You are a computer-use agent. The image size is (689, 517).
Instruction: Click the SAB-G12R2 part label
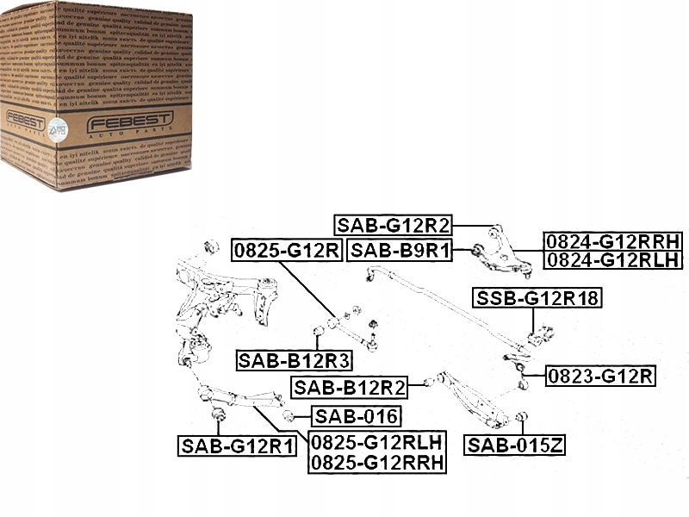(x=394, y=226)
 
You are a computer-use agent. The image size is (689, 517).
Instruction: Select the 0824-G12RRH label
(x=612, y=242)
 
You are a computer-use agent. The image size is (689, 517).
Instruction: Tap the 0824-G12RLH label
(x=612, y=259)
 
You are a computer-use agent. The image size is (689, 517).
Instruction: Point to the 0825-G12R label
(x=286, y=251)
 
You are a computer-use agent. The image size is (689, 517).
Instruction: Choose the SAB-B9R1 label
(x=402, y=251)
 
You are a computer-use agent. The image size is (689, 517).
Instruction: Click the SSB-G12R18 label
(x=537, y=299)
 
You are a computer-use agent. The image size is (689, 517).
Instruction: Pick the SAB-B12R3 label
(x=292, y=359)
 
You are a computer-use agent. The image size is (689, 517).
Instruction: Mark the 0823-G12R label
(x=601, y=376)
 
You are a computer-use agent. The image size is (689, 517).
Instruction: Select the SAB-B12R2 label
(x=349, y=387)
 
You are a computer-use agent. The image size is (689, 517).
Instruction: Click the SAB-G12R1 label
(x=237, y=445)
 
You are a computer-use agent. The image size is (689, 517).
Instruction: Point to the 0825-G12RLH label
(x=378, y=443)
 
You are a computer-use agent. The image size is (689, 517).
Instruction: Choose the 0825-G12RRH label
(x=378, y=462)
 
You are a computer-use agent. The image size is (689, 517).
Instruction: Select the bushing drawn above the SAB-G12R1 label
(x=218, y=419)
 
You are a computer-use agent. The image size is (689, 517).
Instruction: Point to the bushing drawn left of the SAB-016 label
(x=289, y=417)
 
